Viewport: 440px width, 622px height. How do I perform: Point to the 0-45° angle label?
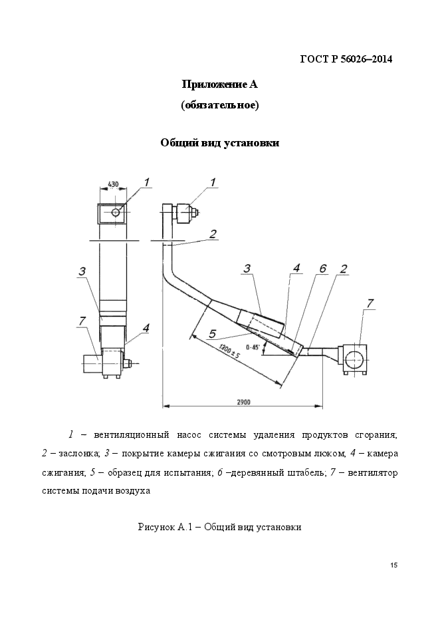(x=253, y=347)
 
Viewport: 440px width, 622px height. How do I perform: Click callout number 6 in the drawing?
(x=322, y=268)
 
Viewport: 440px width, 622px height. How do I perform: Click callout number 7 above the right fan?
(x=370, y=303)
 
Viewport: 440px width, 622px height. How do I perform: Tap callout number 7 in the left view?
(x=81, y=321)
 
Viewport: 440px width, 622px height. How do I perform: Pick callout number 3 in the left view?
(x=81, y=271)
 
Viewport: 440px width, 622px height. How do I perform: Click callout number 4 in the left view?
(x=145, y=327)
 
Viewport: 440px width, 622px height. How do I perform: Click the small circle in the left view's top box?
(x=116, y=213)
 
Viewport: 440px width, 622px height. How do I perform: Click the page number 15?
(x=394, y=565)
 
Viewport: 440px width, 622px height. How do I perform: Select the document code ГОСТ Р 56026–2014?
(x=346, y=59)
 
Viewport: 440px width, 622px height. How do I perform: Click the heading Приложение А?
(x=219, y=84)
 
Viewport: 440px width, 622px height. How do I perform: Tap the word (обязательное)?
(x=219, y=105)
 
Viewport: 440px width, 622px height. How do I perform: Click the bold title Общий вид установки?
(x=219, y=143)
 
